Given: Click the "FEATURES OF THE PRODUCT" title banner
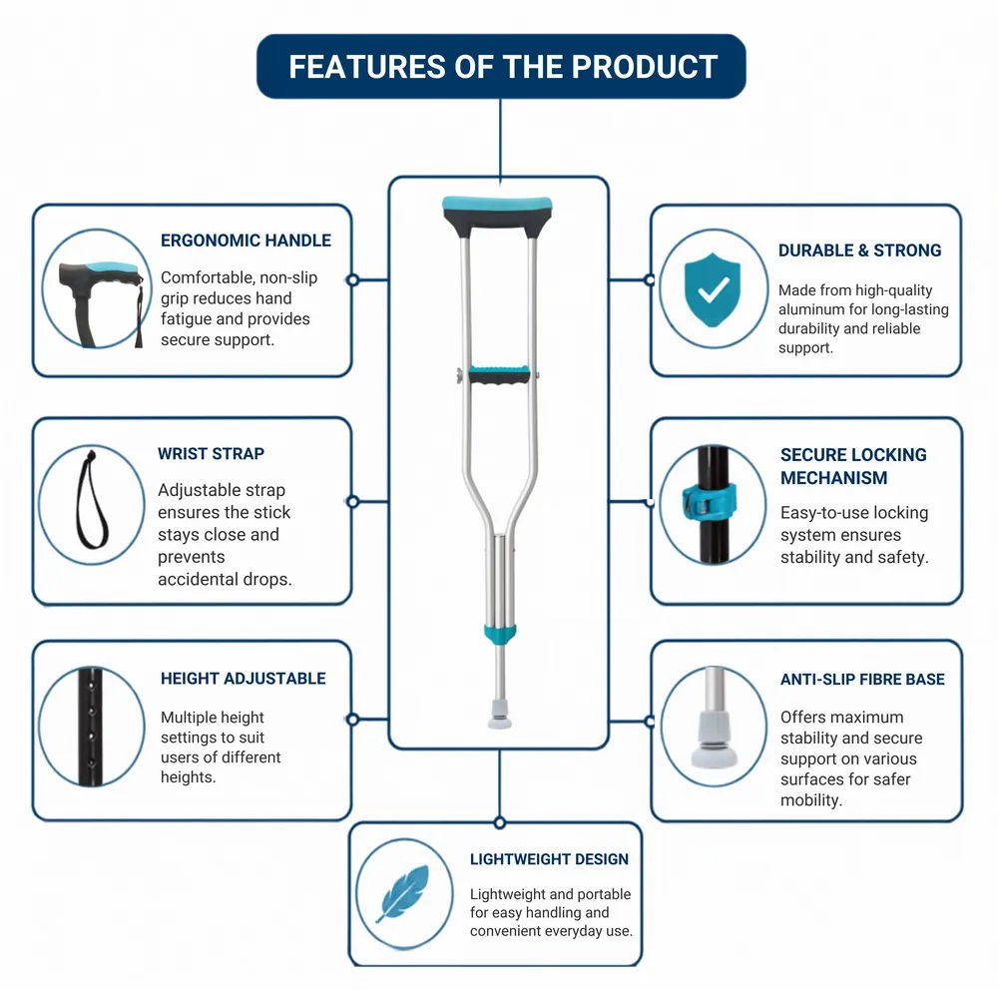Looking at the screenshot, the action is point(501,66).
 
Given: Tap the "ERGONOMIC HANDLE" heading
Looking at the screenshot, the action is point(246,241).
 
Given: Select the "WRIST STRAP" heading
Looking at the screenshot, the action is point(211,454).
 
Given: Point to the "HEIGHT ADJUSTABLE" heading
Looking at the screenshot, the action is point(244,679).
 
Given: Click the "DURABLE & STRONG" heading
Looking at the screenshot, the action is point(860,250).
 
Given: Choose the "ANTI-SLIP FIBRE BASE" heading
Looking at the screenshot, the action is point(862,679).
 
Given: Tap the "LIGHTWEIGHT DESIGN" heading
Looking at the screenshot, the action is point(549,859).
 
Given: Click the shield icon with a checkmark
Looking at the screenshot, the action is point(713,289).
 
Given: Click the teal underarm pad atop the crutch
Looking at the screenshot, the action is point(498,205).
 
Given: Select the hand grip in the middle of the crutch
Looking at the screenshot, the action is point(500,374).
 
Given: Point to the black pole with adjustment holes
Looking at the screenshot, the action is point(91,727).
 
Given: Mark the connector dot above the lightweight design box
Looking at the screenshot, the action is point(500,823).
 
